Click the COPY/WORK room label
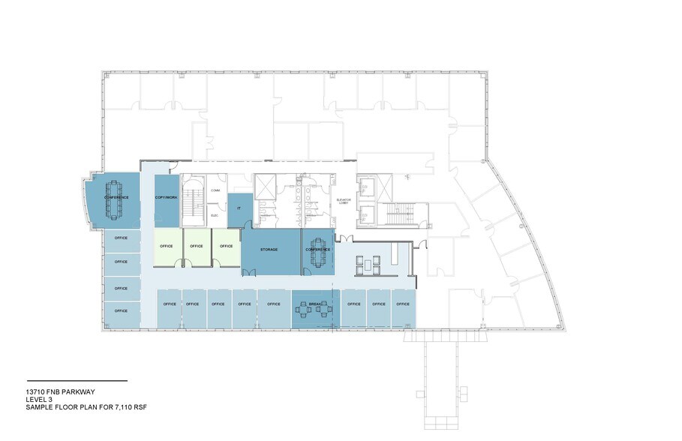167,197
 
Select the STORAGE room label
270,249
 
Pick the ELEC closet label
214,215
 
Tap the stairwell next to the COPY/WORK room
193,201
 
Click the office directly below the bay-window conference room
120,238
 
